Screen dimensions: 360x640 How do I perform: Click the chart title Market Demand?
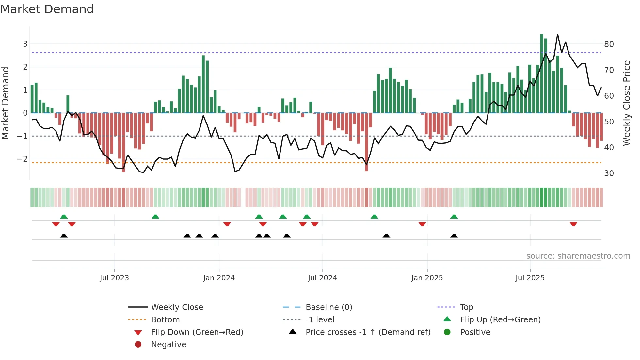click(x=47, y=9)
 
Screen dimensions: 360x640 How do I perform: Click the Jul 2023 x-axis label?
click(x=114, y=278)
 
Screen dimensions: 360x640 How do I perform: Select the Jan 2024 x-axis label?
click(x=219, y=278)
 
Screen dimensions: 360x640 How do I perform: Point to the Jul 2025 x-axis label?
click(x=530, y=278)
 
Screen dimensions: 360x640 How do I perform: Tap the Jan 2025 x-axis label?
click(x=427, y=278)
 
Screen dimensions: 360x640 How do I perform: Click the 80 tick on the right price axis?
click(x=609, y=44)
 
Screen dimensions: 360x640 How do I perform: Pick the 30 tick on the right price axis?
click(x=609, y=173)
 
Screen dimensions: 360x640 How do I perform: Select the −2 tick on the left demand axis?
click(x=22, y=159)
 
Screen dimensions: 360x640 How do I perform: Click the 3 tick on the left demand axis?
click(x=25, y=44)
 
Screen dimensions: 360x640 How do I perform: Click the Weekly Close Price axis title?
click(x=626, y=103)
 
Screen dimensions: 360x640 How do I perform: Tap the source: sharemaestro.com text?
click(x=578, y=256)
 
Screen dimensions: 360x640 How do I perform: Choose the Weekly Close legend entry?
click(x=177, y=307)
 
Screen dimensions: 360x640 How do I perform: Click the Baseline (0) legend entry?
click(x=328, y=307)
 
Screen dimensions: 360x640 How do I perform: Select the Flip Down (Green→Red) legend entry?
click(x=197, y=332)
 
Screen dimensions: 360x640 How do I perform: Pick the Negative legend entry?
click(x=168, y=345)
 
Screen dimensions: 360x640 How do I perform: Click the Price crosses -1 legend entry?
click(x=368, y=332)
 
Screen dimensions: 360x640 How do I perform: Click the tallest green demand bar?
click(x=542, y=74)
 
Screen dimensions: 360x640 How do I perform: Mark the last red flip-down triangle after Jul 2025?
click(x=573, y=224)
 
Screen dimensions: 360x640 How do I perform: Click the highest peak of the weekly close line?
click(x=557, y=34)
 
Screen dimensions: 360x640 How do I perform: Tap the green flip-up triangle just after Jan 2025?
click(x=454, y=217)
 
